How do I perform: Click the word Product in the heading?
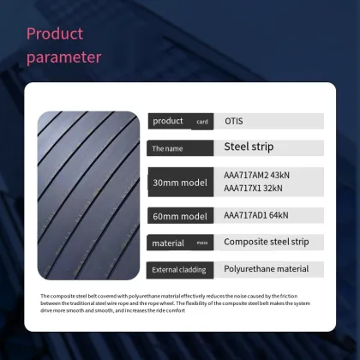click(x=55, y=34)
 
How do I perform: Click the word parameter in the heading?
click(x=63, y=57)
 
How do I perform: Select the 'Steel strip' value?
click(x=249, y=147)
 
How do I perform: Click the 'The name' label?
click(x=168, y=148)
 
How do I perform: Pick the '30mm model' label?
click(x=178, y=183)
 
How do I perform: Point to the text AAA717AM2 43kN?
click(x=258, y=175)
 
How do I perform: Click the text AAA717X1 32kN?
click(x=253, y=189)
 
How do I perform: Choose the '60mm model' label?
click(x=178, y=215)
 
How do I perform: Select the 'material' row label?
click(x=169, y=243)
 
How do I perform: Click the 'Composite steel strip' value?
click(x=267, y=242)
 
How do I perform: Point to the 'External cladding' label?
click(x=177, y=270)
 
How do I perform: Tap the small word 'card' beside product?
click(x=202, y=123)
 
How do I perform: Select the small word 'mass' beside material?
click(x=202, y=243)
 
